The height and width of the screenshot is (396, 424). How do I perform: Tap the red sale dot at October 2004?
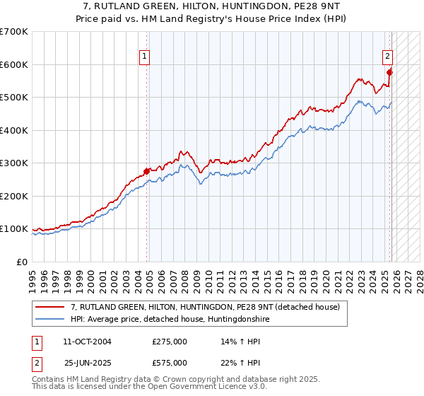coord(146,171)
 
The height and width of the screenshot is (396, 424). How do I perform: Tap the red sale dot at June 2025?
coord(390,72)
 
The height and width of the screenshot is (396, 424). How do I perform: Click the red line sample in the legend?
coord(51,307)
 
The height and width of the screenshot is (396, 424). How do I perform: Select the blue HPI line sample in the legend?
coord(51,319)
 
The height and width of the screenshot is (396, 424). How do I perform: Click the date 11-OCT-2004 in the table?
coord(87,342)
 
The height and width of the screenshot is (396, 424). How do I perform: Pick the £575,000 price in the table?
coord(170,363)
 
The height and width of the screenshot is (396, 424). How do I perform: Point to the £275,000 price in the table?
coord(170,342)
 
